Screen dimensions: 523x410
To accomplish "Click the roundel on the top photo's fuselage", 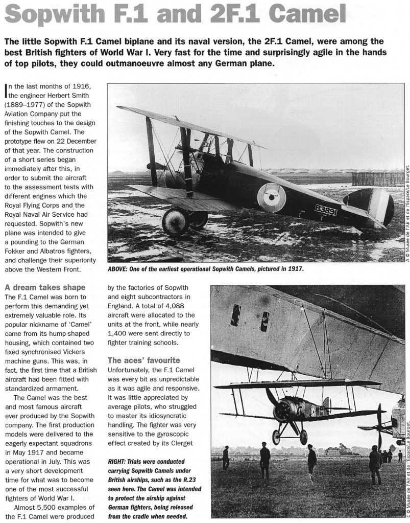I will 272,197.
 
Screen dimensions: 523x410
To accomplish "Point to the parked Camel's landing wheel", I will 175,222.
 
